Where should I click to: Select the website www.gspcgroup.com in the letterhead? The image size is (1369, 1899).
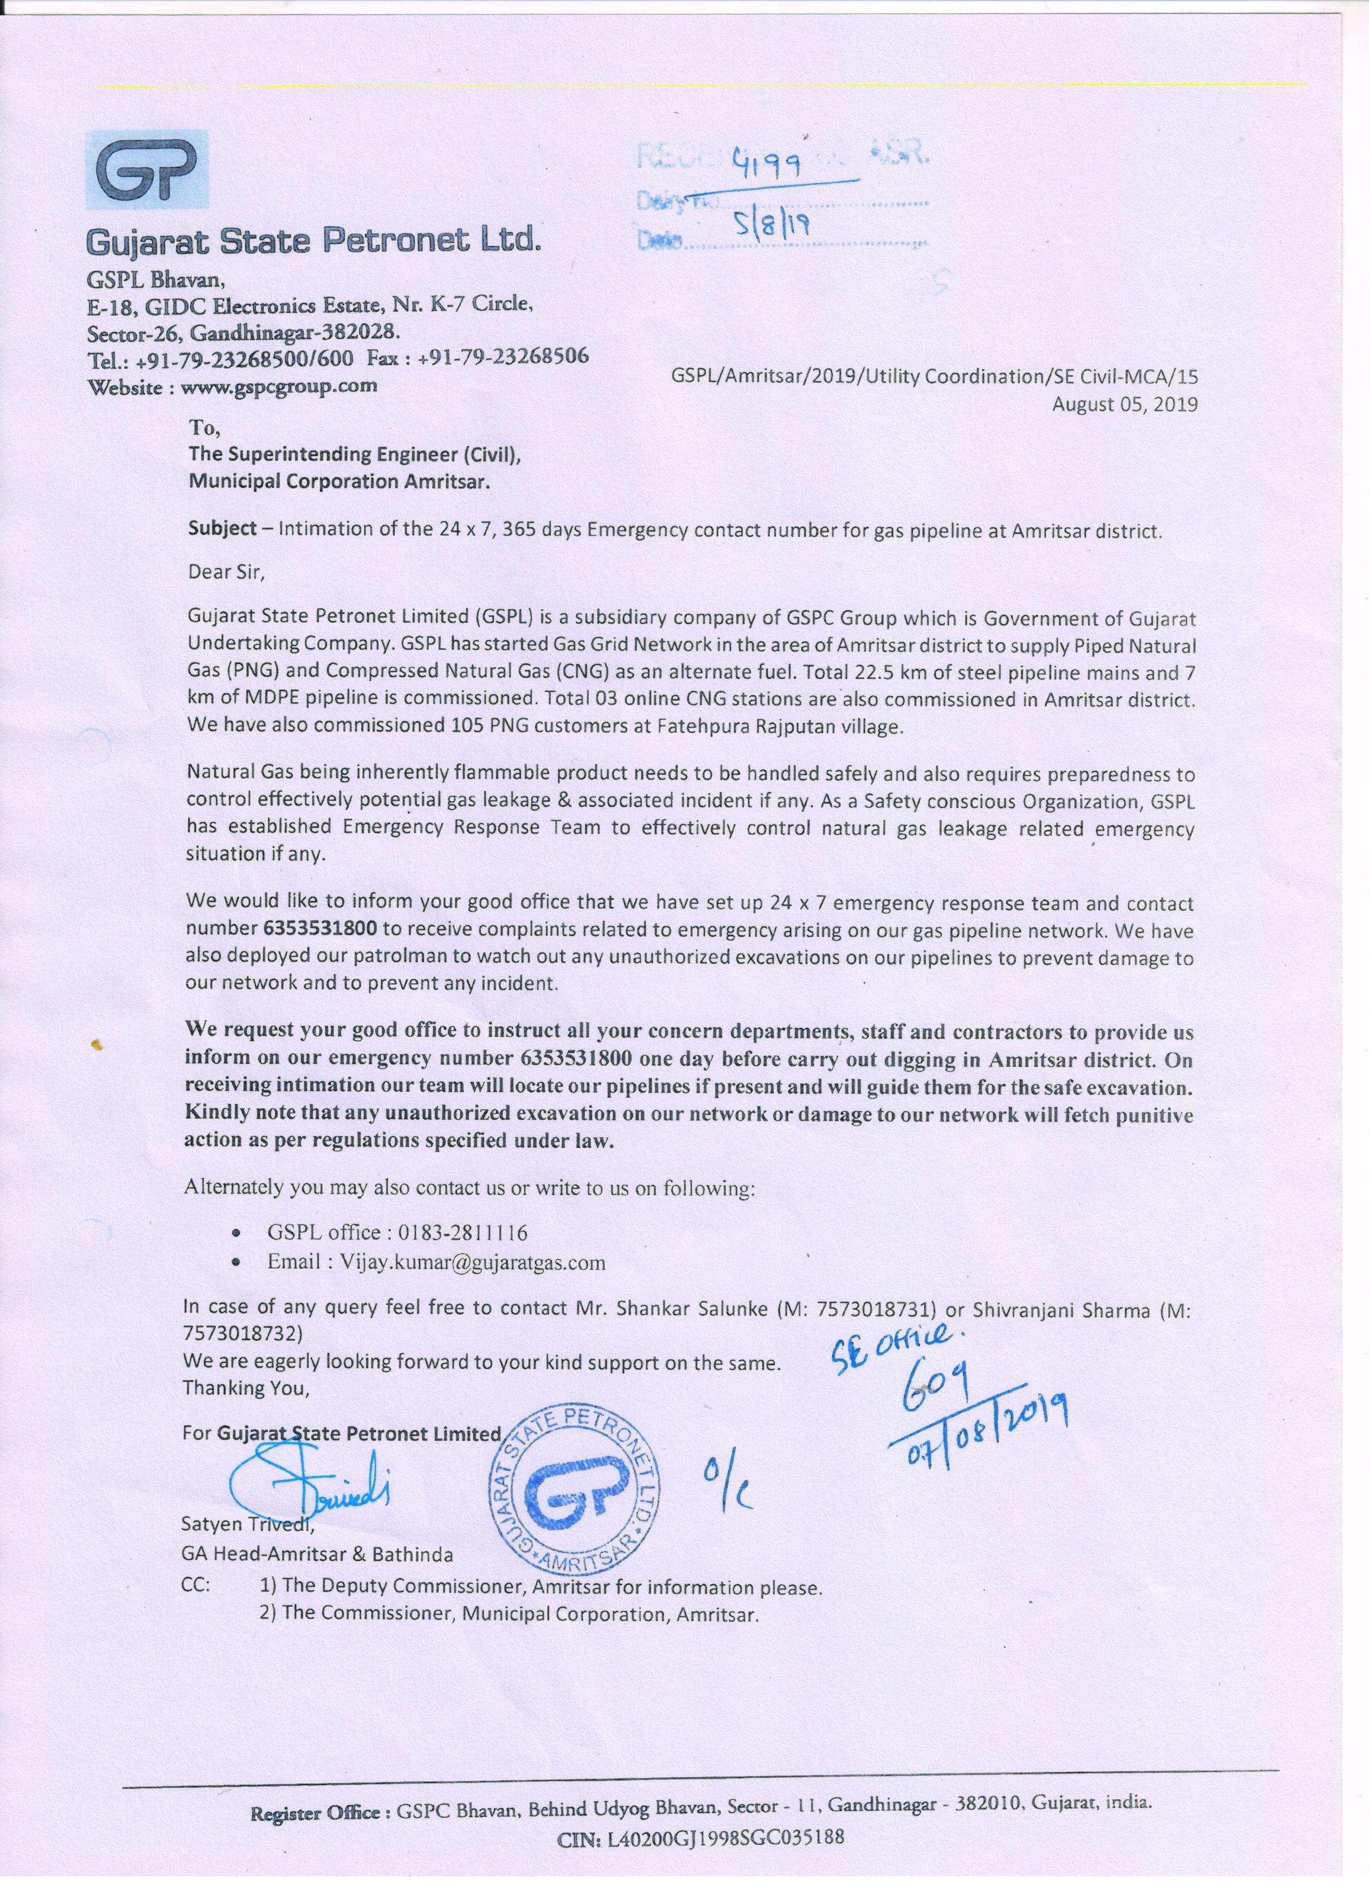click(x=279, y=386)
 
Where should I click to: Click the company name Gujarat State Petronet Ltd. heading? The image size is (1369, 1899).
click(x=314, y=242)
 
